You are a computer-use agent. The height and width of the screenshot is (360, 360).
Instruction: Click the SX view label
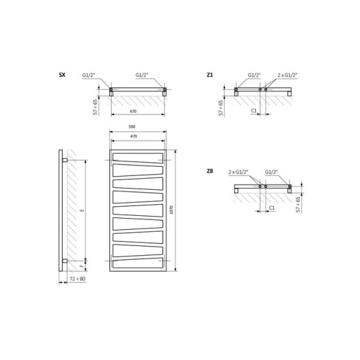click(x=62, y=75)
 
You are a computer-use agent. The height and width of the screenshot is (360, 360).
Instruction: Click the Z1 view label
click(x=209, y=75)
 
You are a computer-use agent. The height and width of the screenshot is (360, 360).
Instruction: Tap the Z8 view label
click(x=210, y=171)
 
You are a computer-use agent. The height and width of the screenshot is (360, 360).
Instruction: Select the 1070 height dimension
click(x=171, y=210)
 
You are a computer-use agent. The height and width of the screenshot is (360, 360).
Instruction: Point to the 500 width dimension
click(x=132, y=127)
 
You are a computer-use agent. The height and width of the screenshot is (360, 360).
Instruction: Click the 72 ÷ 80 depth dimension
click(x=77, y=279)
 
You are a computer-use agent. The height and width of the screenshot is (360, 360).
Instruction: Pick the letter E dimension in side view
click(x=82, y=210)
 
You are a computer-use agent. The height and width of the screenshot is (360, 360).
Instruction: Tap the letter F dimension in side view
click(x=82, y=266)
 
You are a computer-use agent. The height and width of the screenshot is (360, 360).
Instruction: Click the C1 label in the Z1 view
click(x=254, y=111)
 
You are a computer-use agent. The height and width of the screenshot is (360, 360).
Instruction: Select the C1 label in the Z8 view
click(x=272, y=207)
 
